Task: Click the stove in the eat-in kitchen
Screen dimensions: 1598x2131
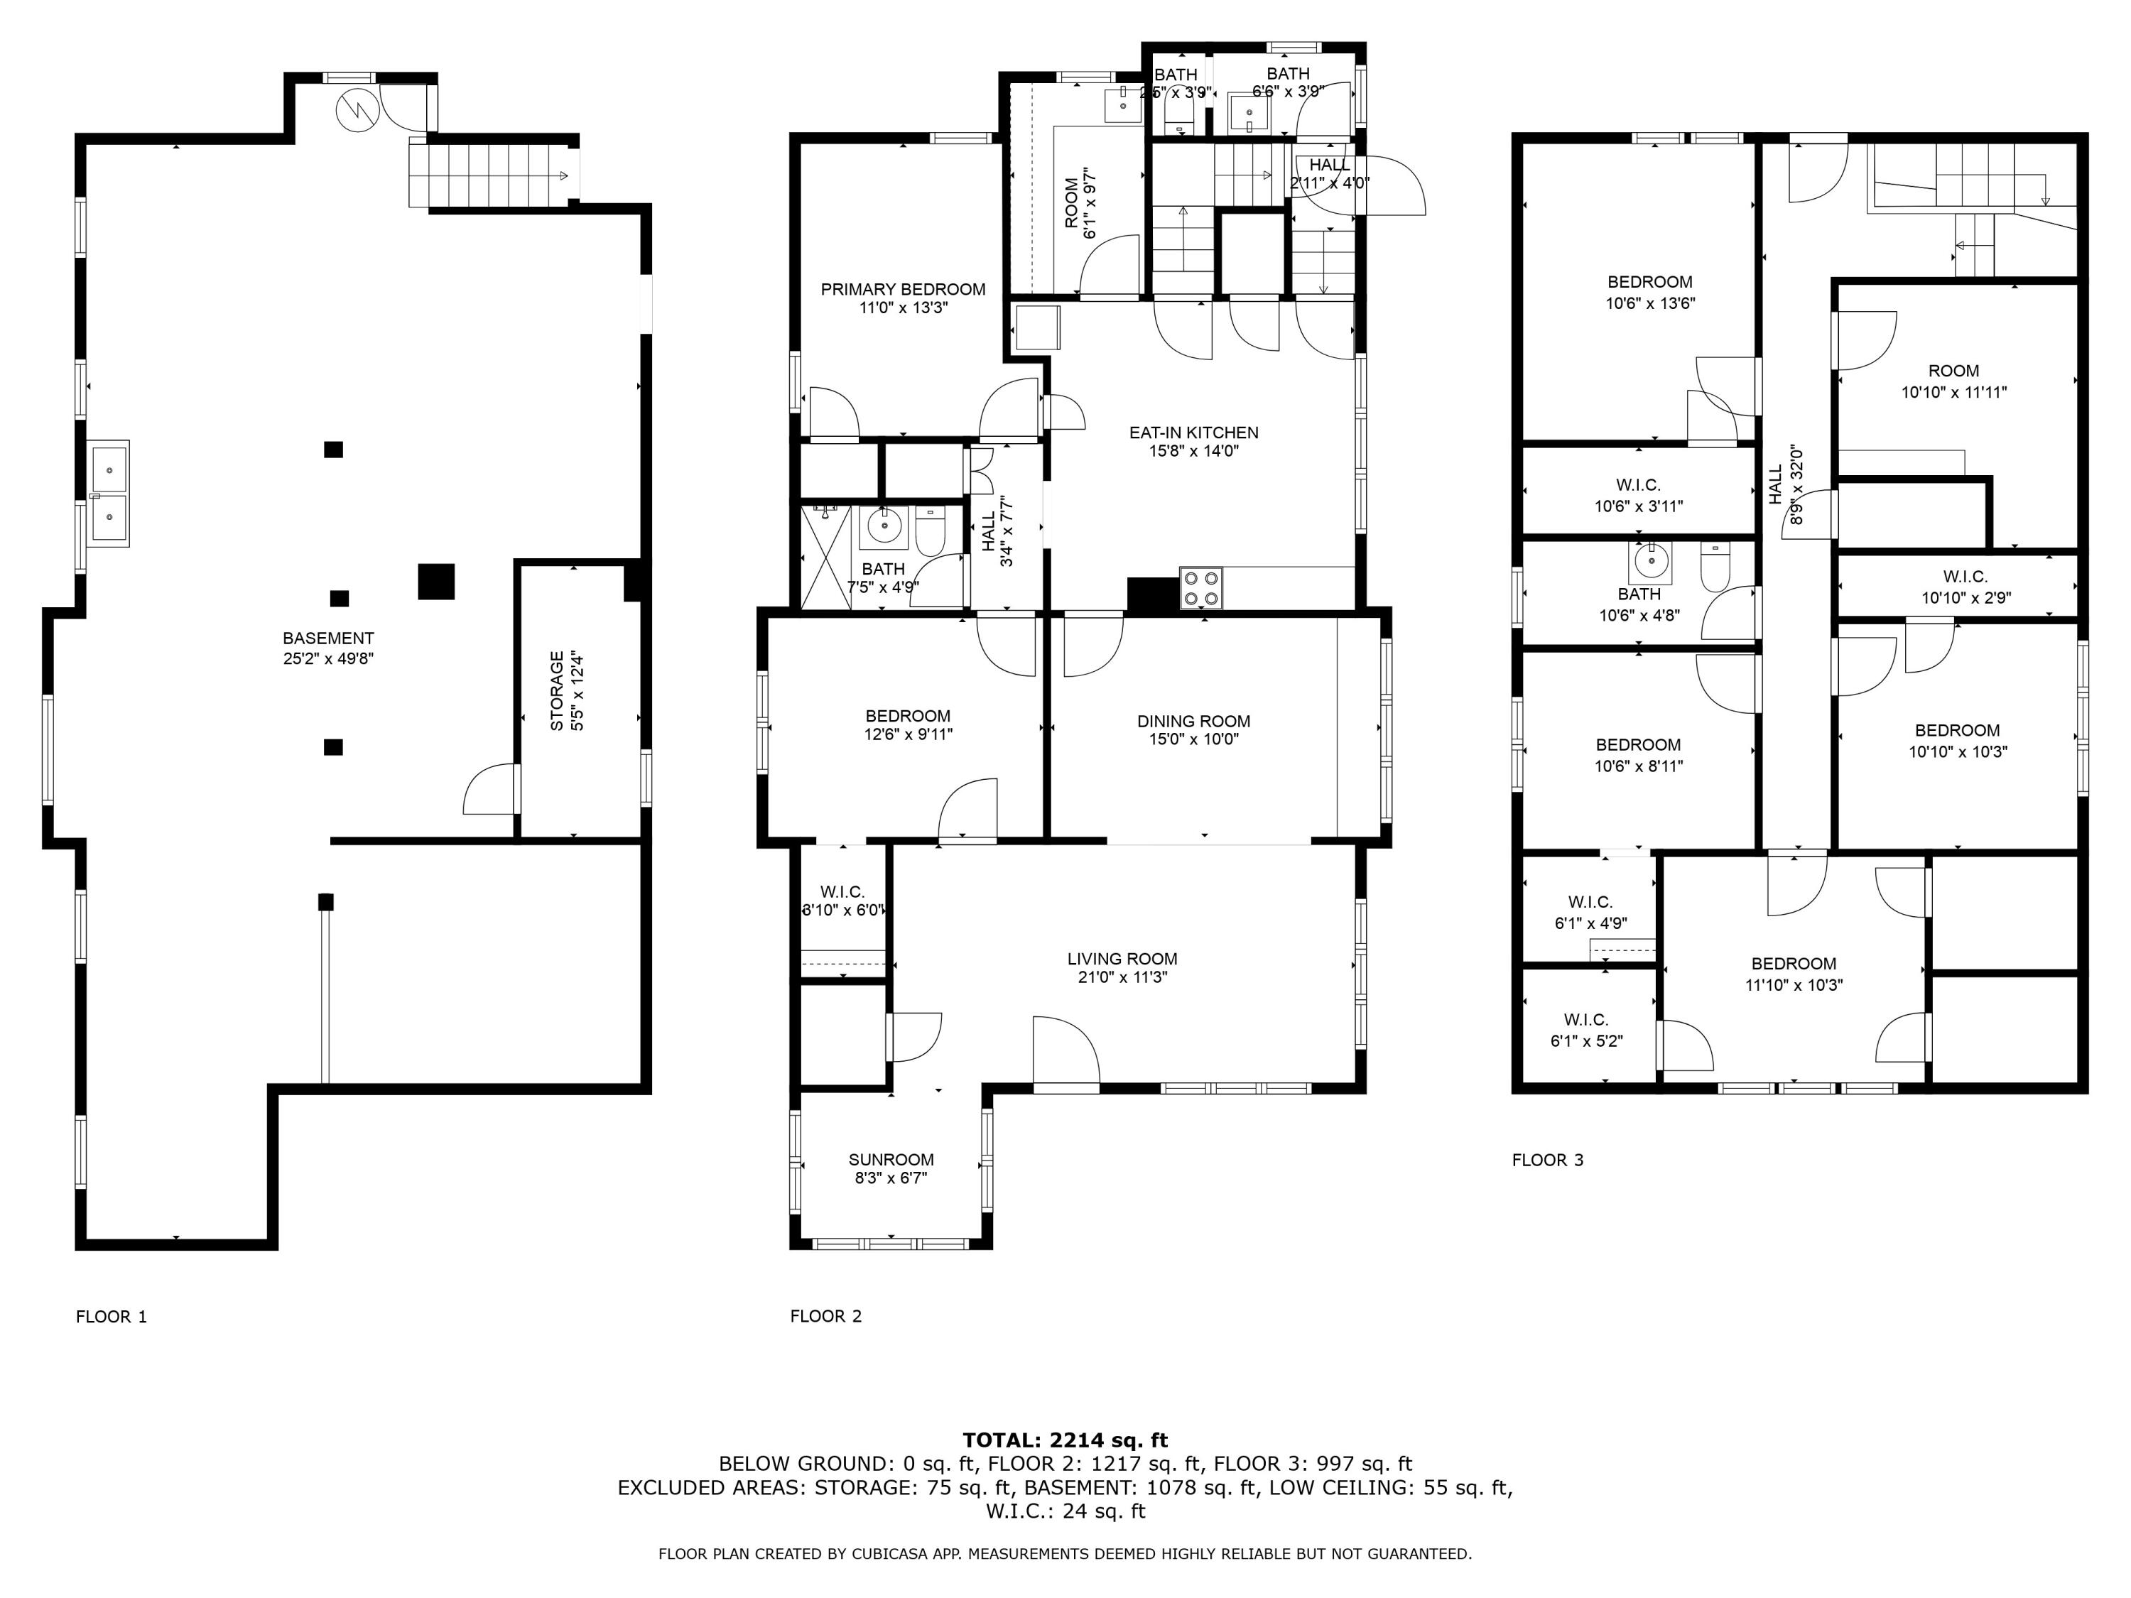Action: (x=1200, y=589)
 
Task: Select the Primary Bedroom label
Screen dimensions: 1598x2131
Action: (x=903, y=289)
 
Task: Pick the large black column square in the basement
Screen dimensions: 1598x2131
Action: (x=435, y=582)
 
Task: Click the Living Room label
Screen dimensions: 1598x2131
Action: (x=1122, y=958)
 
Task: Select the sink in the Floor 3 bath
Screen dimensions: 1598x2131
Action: (x=1650, y=558)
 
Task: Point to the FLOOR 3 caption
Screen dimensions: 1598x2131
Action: (x=1547, y=1160)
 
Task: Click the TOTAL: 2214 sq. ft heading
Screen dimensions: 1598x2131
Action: (x=1065, y=1440)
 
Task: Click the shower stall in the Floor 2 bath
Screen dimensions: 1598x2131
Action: (x=825, y=559)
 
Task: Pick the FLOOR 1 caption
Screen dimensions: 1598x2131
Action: (x=111, y=1317)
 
